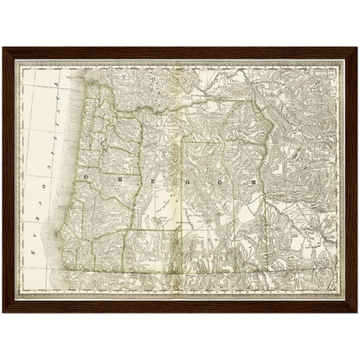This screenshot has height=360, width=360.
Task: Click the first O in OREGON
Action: coord(87,175)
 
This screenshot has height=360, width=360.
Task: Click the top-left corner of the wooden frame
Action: coord(3,48)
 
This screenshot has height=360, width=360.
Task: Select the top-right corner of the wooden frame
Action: coord(357,48)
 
